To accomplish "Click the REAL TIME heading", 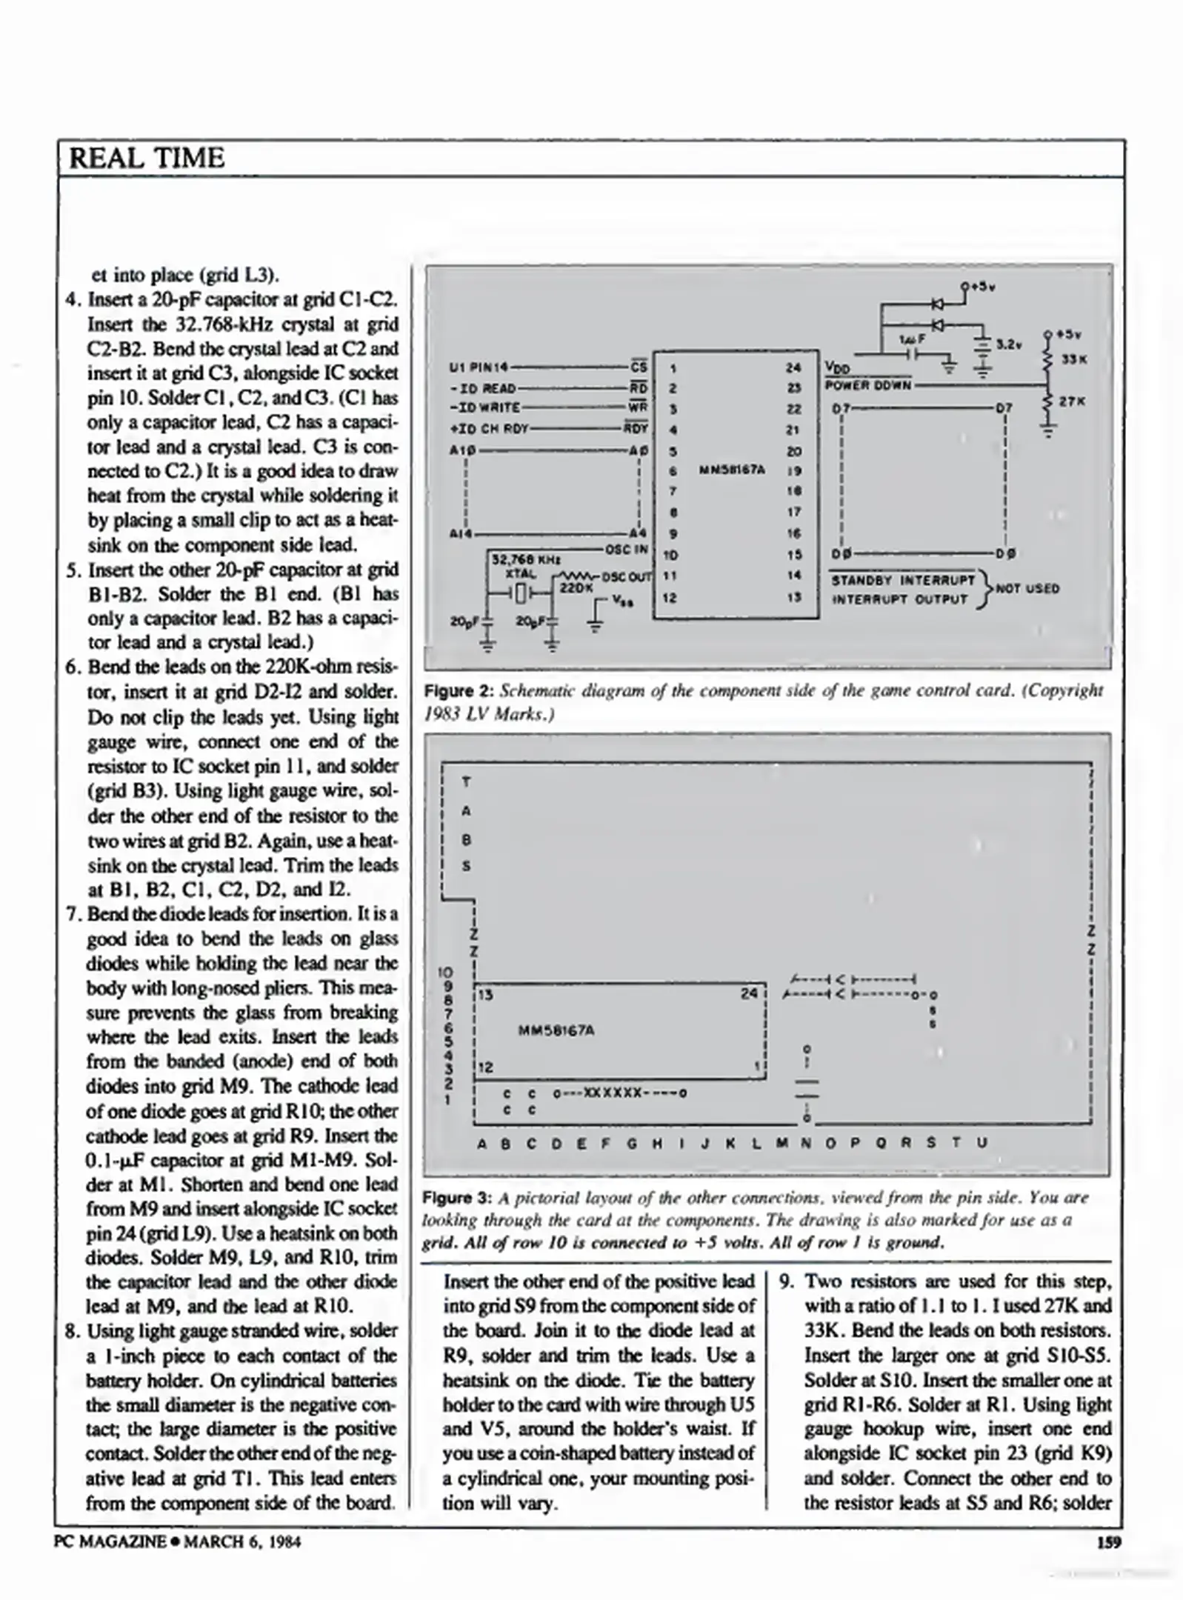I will click(x=146, y=159).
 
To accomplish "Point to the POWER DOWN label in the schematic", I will click(x=867, y=385).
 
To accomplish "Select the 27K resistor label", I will click(x=1072, y=401).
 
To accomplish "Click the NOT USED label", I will click(x=1027, y=589).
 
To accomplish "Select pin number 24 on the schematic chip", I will click(x=793, y=367).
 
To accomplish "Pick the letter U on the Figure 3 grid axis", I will click(x=982, y=1143).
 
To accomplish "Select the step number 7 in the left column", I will click(x=72, y=914).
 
